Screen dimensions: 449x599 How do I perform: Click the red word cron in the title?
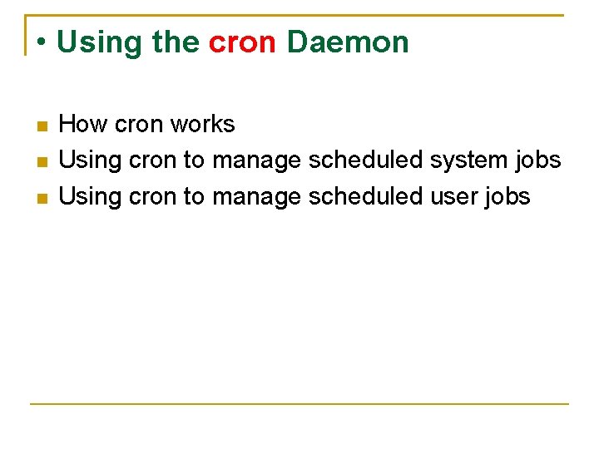click(x=242, y=42)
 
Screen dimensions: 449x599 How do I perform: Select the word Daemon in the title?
click(x=348, y=42)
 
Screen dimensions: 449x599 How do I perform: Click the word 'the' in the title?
click(x=176, y=42)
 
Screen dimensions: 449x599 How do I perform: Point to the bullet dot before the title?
click(x=41, y=42)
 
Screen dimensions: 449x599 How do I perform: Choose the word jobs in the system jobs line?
click(x=537, y=160)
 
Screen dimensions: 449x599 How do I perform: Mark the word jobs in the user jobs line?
click(x=507, y=196)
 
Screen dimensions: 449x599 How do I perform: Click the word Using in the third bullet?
click(x=92, y=196)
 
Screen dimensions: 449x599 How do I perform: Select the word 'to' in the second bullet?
click(x=193, y=160)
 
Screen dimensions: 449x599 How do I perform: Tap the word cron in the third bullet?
click(x=153, y=196)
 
